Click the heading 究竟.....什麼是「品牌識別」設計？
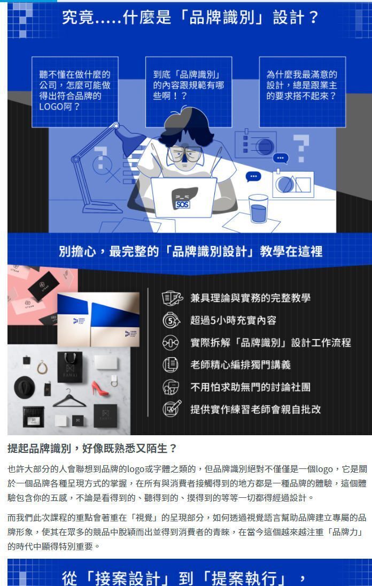[190, 18]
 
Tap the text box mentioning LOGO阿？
[74, 91]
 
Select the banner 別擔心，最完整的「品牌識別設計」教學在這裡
[190, 251]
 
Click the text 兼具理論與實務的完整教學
[250, 298]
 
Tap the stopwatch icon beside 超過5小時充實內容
[171, 320]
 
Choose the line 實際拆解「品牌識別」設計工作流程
[270, 343]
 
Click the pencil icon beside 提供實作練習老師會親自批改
[172, 409]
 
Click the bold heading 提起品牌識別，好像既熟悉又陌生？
[91, 448]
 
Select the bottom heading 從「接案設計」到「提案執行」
[184, 577]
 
